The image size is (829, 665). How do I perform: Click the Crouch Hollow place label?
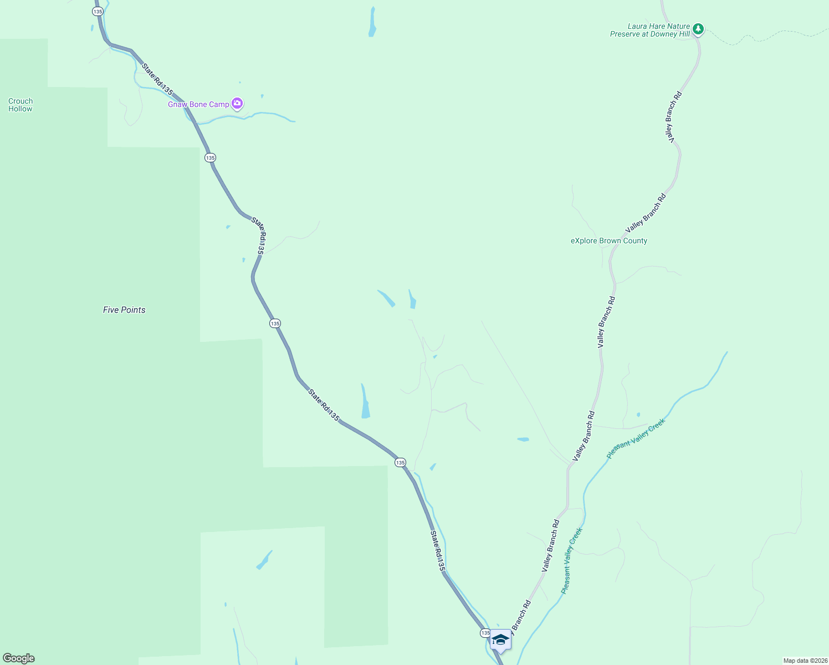(x=21, y=105)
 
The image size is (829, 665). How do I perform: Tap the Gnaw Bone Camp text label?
(x=198, y=104)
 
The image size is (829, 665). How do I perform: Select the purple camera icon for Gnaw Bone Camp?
(x=237, y=103)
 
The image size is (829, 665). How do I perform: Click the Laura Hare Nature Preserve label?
(x=650, y=30)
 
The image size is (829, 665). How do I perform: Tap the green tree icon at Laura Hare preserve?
(x=698, y=28)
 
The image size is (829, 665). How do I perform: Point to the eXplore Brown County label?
(x=609, y=241)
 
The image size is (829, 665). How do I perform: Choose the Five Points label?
(x=124, y=310)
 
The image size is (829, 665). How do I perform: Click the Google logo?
(x=19, y=658)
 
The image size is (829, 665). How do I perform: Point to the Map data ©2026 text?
(x=804, y=661)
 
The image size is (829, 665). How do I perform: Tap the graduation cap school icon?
(x=500, y=640)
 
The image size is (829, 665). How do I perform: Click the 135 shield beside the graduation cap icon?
(x=485, y=633)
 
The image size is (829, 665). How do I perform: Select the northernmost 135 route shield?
(x=98, y=11)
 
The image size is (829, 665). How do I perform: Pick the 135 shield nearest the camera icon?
(x=209, y=158)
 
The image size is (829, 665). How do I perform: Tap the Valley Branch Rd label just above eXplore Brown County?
(x=646, y=213)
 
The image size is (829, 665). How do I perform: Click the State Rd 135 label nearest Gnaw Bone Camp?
(x=157, y=79)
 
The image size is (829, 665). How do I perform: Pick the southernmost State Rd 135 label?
(x=437, y=551)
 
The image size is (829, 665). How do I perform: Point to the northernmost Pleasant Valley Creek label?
(x=636, y=439)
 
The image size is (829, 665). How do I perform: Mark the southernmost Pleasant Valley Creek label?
(x=571, y=561)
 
